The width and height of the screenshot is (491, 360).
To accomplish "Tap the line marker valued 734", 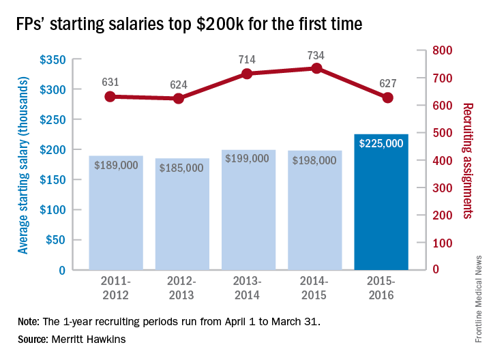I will point(316,68).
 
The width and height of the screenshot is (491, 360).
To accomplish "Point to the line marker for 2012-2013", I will point(179,98).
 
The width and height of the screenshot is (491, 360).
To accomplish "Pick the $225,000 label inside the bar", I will point(381,143).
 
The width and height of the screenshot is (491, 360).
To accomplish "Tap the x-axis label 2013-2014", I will point(248,288).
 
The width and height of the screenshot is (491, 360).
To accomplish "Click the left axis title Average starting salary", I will point(23,164).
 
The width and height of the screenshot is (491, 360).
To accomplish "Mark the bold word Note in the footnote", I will point(29,320).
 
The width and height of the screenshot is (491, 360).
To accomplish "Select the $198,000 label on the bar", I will point(315,160).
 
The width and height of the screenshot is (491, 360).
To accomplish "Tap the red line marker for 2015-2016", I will point(387,97).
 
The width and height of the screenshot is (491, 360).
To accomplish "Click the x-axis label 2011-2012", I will point(115,288).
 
